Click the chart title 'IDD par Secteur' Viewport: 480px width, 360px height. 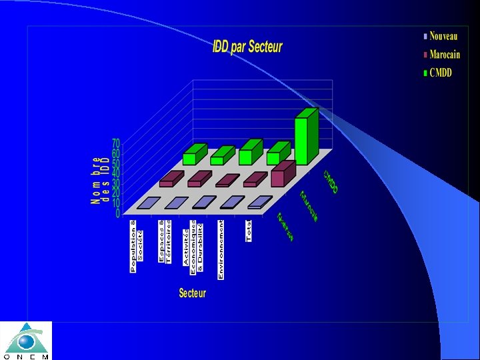coord(247,47)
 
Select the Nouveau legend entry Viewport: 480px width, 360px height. coord(443,36)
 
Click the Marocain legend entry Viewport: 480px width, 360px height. coord(445,54)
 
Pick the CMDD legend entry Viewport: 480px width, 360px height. coord(440,72)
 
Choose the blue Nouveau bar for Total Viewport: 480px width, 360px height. coord(259,203)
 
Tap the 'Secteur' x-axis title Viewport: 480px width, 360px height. coord(192,293)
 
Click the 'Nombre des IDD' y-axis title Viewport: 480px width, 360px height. coord(101,180)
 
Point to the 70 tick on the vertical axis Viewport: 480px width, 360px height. coord(115,143)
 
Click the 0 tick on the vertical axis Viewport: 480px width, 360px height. coord(118,214)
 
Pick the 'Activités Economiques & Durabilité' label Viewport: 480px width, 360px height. coord(193,245)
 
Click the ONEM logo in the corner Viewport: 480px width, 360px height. coord(26,341)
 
